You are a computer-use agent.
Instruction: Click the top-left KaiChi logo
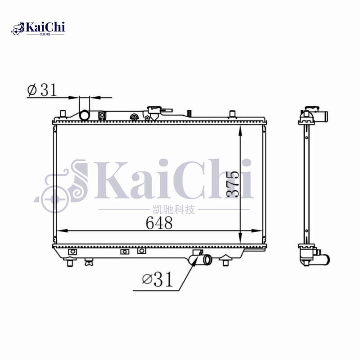point(38,28)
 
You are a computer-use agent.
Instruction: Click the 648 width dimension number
point(159,223)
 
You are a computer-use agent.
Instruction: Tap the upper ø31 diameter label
point(42,90)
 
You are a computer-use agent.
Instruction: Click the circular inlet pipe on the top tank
point(84,115)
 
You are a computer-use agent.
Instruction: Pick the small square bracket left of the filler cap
point(103,115)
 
